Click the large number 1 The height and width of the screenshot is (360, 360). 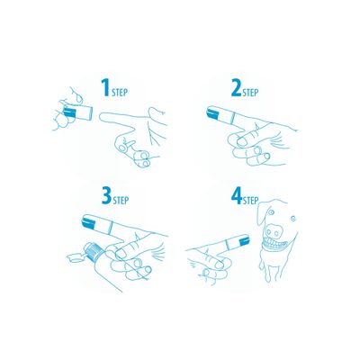tap(106, 86)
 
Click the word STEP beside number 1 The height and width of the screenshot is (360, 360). tap(122, 91)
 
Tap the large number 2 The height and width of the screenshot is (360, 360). tap(237, 86)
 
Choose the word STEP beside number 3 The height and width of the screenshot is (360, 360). tap(121, 201)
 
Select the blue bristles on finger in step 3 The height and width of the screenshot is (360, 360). tap(90, 221)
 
